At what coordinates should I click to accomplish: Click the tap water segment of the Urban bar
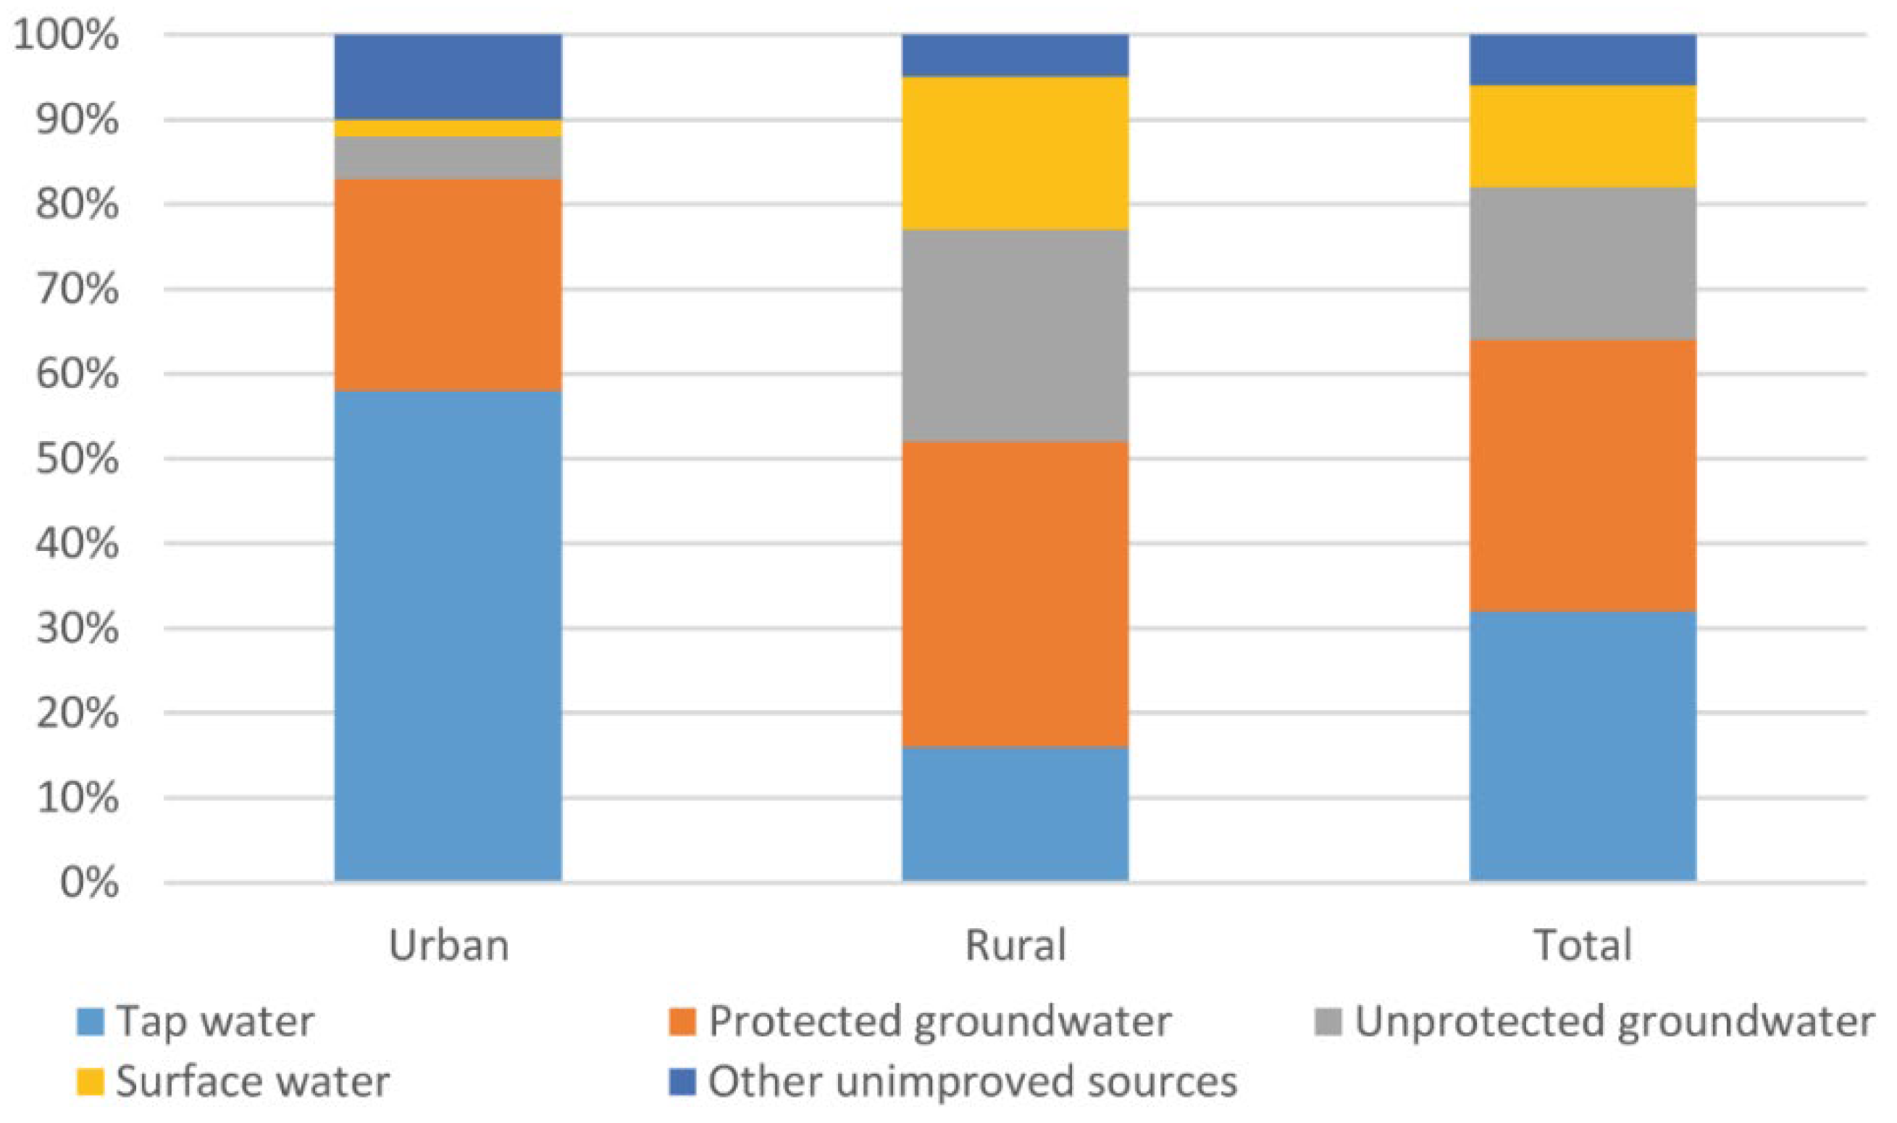click(x=448, y=636)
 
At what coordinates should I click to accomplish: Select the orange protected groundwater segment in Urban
click(x=448, y=285)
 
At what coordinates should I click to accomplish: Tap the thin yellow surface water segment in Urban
click(x=448, y=128)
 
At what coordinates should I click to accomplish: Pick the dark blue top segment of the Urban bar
click(x=448, y=77)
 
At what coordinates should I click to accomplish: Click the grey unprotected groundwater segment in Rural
click(x=1015, y=336)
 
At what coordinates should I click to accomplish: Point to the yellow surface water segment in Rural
click(x=1015, y=153)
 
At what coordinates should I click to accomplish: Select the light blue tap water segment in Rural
click(x=1015, y=814)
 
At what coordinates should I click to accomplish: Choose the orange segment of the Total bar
click(x=1583, y=476)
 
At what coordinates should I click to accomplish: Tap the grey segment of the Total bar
click(x=1583, y=264)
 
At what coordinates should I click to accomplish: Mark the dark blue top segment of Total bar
click(x=1583, y=60)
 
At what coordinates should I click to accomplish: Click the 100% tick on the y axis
click(x=66, y=35)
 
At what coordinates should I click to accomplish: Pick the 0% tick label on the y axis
click(x=88, y=883)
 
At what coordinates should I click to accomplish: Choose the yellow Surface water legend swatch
click(x=90, y=1082)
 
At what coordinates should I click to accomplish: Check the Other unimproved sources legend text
click(x=972, y=1082)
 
